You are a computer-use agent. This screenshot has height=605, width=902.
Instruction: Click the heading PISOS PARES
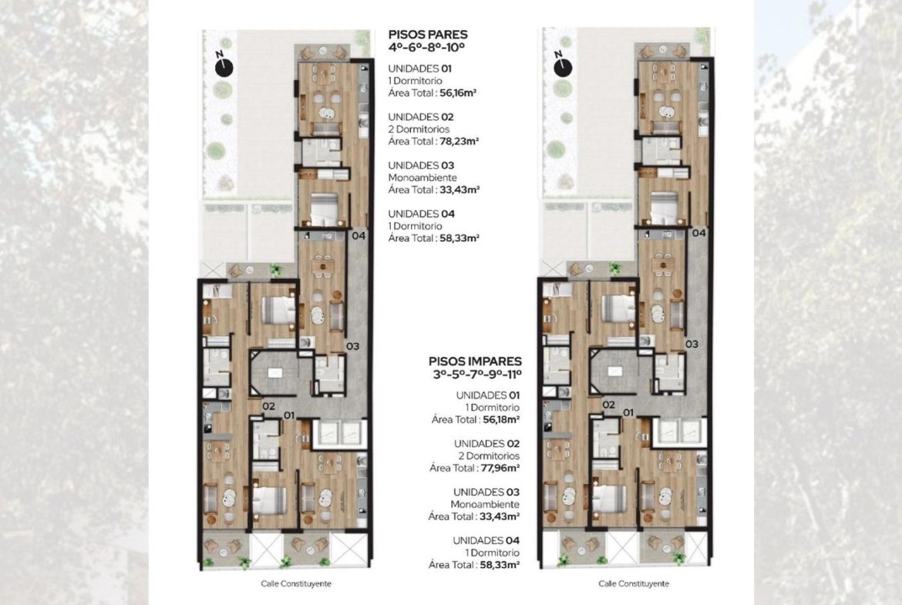427,35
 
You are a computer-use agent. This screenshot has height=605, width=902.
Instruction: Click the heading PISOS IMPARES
475,361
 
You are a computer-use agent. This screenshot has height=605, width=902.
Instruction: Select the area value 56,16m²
458,92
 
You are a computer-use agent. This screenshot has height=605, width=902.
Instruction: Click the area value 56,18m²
502,419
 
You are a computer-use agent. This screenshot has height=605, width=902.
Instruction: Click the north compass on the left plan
224,67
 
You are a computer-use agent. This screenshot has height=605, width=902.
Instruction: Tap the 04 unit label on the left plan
359,235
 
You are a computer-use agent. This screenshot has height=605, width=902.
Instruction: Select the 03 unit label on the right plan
692,344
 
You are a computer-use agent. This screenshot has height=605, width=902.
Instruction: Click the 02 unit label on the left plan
268,406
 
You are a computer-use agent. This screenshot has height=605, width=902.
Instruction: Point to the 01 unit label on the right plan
628,412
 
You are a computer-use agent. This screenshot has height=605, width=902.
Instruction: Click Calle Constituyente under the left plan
296,583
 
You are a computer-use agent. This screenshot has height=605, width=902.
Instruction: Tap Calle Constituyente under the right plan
634,583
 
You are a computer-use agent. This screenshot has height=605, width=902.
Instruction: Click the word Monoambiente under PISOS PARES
422,178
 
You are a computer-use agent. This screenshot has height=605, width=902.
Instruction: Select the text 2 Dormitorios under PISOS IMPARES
489,456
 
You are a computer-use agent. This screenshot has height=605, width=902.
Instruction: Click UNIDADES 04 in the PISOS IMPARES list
486,540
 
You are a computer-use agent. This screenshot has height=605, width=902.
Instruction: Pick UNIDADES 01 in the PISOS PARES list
420,69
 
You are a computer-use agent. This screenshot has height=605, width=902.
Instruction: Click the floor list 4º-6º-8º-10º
426,48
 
